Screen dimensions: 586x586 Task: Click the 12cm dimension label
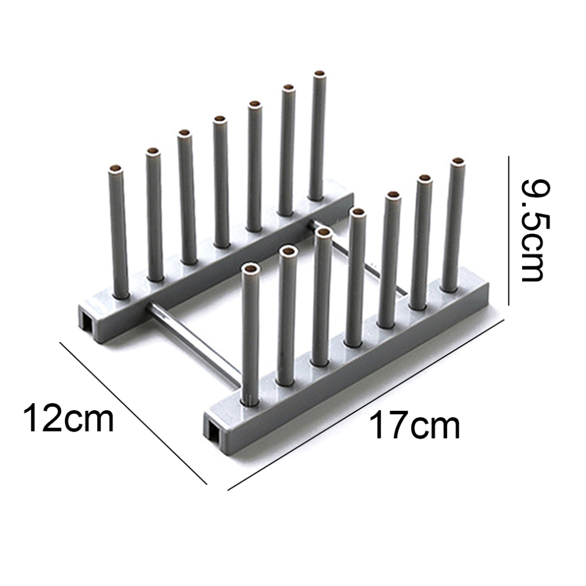(69, 418)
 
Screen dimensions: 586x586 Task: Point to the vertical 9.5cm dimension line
(508, 230)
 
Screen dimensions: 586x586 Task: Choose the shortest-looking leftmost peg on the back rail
(118, 231)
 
